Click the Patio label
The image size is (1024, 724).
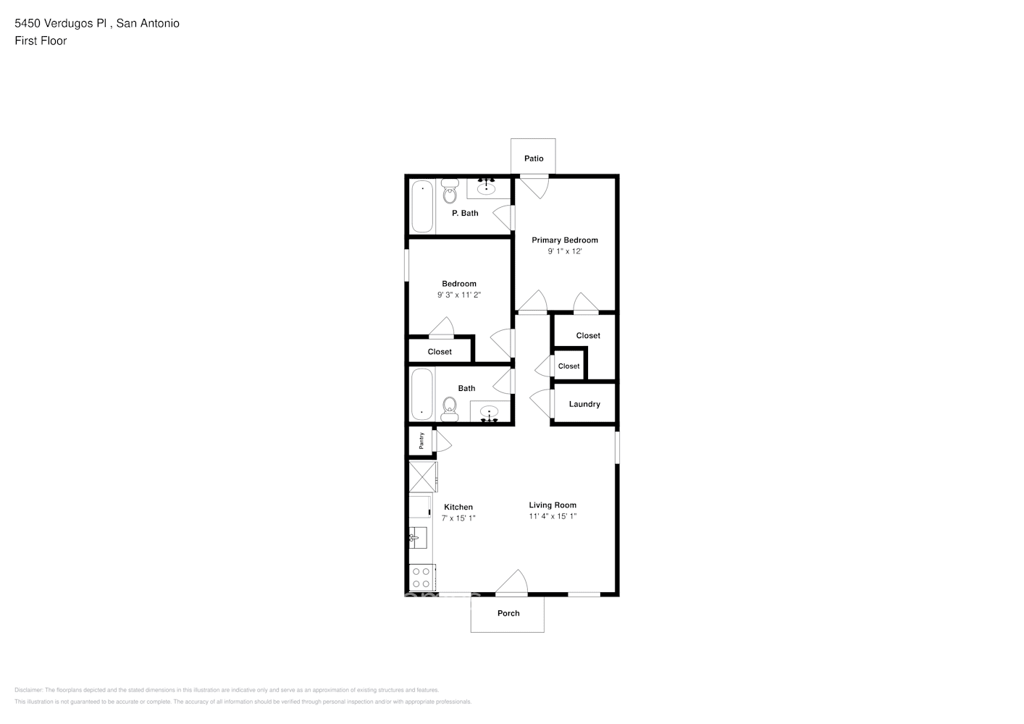pyautogui.click(x=534, y=159)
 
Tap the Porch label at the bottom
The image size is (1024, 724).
pyautogui.click(x=508, y=613)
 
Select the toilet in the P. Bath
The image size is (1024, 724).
pyautogui.click(x=450, y=193)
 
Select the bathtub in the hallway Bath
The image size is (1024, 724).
pyautogui.click(x=421, y=395)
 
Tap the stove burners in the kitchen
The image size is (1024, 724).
pyautogui.click(x=421, y=577)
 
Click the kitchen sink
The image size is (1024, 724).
pyautogui.click(x=417, y=538)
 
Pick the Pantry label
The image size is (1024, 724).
pyautogui.click(x=421, y=440)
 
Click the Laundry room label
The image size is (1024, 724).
pyautogui.click(x=584, y=404)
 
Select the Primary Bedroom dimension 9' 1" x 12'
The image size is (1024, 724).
pyautogui.click(x=565, y=251)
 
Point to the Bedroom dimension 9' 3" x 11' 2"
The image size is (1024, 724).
pyautogui.click(x=459, y=295)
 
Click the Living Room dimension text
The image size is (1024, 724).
pyautogui.click(x=553, y=517)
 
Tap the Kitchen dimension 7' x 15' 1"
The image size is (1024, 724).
pyautogui.click(x=458, y=518)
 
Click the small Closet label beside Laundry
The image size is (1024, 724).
pyautogui.click(x=568, y=366)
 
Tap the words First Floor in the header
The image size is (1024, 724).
pyautogui.click(x=41, y=41)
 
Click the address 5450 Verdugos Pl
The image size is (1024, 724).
pyautogui.click(x=62, y=23)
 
